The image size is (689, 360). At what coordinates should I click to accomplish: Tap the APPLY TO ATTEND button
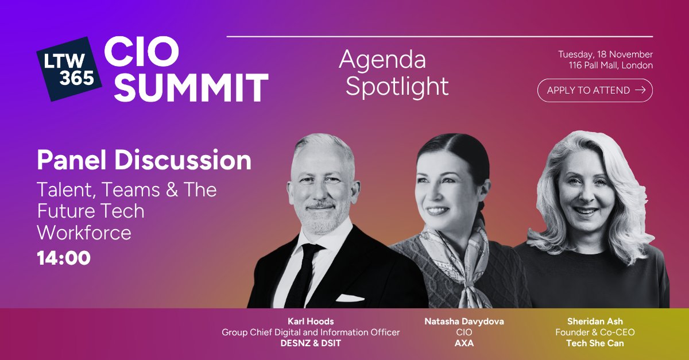[595, 90]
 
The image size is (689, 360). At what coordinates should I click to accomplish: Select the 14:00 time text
[64, 258]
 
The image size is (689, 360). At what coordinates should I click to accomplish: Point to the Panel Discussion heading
[144, 161]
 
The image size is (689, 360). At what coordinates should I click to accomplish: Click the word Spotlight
[397, 87]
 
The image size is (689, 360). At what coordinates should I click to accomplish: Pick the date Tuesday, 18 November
[605, 55]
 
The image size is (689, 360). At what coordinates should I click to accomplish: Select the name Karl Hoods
[311, 322]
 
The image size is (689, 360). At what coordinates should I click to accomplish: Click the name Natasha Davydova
[464, 322]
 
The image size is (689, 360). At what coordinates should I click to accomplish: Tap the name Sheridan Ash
[595, 322]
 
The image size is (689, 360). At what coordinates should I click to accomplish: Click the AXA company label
[464, 343]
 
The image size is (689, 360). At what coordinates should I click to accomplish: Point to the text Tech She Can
[595, 343]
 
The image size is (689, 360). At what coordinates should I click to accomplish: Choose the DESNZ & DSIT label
[311, 343]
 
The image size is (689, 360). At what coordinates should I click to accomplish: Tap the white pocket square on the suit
[350, 298]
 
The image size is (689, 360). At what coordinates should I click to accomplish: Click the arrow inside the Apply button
[640, 90]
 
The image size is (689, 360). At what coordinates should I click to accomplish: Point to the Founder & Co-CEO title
[595, 332]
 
